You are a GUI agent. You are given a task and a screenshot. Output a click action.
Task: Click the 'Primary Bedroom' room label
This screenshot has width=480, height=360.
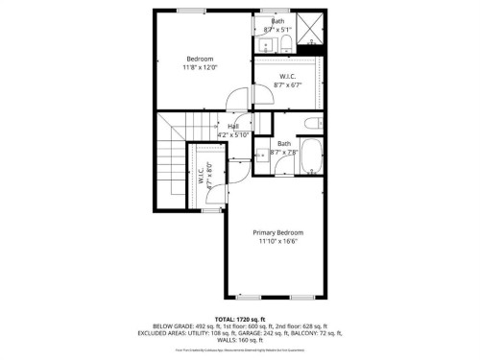[x=277, y=233]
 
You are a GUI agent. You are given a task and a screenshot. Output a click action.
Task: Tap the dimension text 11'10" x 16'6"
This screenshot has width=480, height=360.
[x=277, y=242]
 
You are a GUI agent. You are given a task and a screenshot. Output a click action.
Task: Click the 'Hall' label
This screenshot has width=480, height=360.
[x=232, y=126]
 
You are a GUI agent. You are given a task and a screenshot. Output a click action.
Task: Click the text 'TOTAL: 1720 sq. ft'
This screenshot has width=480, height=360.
[x=239, y=318]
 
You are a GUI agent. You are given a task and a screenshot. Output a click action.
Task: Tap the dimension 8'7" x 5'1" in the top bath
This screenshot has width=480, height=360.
[x=277, y=29]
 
